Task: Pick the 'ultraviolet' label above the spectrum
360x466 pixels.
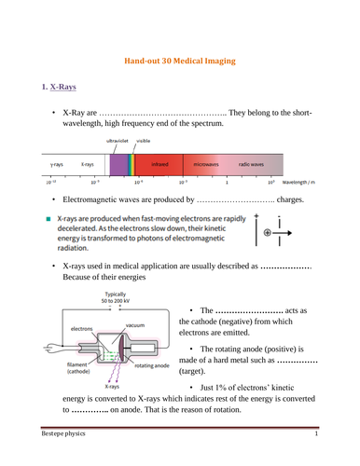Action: pos(116,141)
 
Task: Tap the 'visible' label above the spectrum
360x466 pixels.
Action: pos(143,141)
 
